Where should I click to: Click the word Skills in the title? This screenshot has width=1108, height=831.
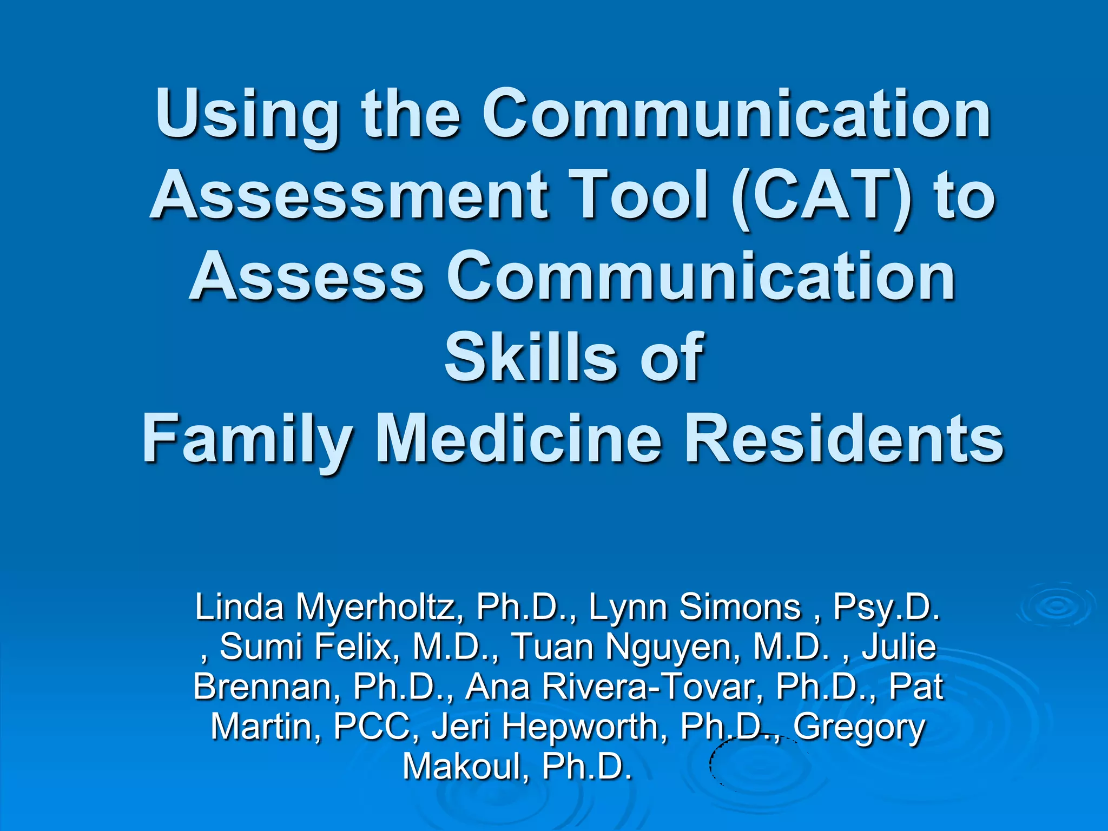click(x=530, y=357)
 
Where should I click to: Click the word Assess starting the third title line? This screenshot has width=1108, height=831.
click(x=306, y=276)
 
